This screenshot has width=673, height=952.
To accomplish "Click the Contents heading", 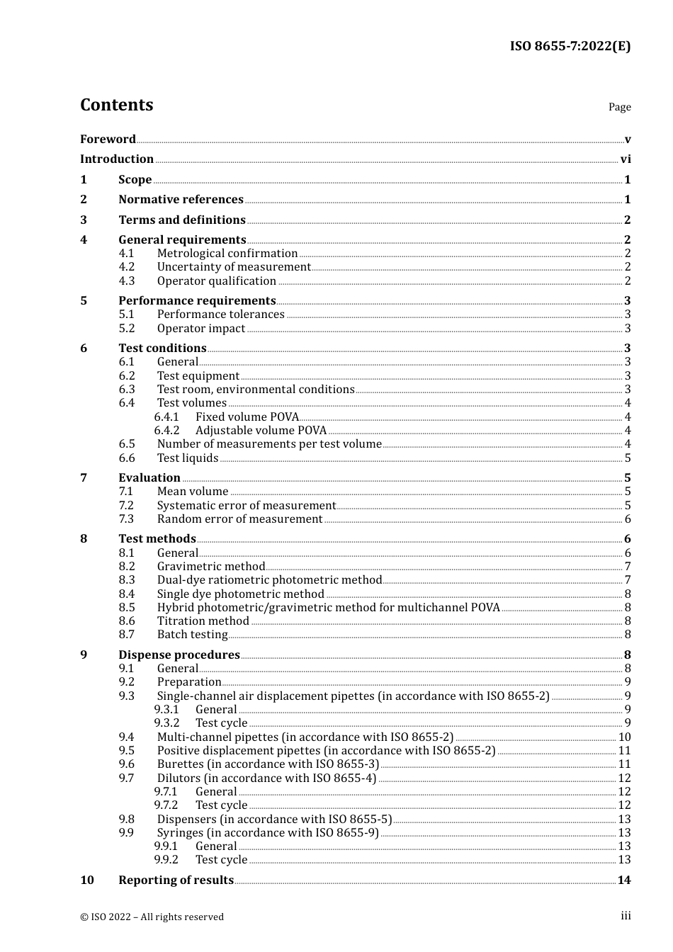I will tap(116, 105).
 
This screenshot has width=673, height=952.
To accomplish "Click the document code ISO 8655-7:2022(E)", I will tap(570, 46).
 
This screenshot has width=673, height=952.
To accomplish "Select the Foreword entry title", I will tap(108, 139).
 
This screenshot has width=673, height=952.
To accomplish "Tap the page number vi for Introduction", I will tap(626, 159).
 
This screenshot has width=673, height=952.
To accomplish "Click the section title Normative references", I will tap(181, 200).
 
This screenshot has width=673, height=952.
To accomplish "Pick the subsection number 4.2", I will tap(127, 267).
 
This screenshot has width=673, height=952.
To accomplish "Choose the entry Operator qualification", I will tap(216, 280).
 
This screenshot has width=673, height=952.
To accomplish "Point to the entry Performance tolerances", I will tap(220, 314).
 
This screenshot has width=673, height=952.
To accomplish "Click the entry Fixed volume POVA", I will tap(247, 417).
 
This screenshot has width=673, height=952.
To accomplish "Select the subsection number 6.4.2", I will tap(166, 431).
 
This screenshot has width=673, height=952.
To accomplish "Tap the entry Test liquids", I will tap(187, 458).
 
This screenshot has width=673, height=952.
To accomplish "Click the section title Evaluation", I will tap(149, 478).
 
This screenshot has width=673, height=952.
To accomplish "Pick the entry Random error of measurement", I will tap(239, 519).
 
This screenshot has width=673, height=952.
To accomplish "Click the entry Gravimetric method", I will tap(210, 567).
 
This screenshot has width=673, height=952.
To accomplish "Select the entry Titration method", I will tap(203, 621).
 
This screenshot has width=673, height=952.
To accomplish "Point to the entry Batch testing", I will tap(192, 635).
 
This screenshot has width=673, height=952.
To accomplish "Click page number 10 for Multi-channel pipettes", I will tap(624, 737).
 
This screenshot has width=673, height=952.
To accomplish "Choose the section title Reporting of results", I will tap(176, 880).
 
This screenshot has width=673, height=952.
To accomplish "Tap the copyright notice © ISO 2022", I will tap(152, 917).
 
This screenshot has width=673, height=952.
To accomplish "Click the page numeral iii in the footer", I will tap(626, 916).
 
